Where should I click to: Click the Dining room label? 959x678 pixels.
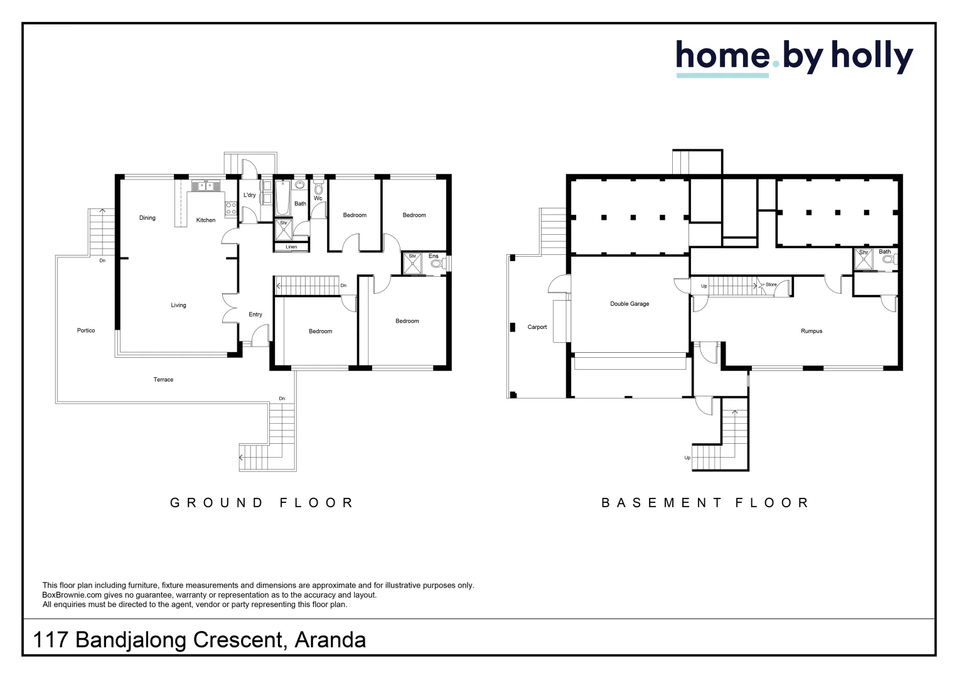click(x=147, y=218)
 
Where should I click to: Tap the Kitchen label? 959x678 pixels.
click(x=205, y=220)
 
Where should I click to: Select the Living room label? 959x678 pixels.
click(x=178, y=305)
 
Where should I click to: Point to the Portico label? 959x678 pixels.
click(x=86, y=331)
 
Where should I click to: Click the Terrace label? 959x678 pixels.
click(x=164, y=379)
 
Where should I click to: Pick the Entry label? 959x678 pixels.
click(x=255, y=315)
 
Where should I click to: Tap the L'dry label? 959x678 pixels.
click(x=250, y=195)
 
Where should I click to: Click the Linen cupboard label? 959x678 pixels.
click(x=291, y=247)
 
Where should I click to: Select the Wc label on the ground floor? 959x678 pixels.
click(x=318, y=198)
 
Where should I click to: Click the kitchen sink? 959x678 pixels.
click(x=205, y=186)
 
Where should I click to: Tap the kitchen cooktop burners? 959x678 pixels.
click(x=231, y=208)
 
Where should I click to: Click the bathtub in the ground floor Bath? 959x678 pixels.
click(x=282, y=198)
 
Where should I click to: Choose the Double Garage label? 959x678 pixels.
click(x=630, y=304)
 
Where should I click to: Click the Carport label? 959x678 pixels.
click(x=537, y=327)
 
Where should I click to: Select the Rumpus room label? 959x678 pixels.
click(x=812, y=331)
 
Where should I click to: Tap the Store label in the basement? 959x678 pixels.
click(x=771, y=284)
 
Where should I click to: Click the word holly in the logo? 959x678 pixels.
click(x=872, y=58)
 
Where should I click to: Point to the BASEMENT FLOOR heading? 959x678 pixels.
click(x=705, y=502)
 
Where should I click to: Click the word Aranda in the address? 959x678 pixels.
click(x=330, y=640)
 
